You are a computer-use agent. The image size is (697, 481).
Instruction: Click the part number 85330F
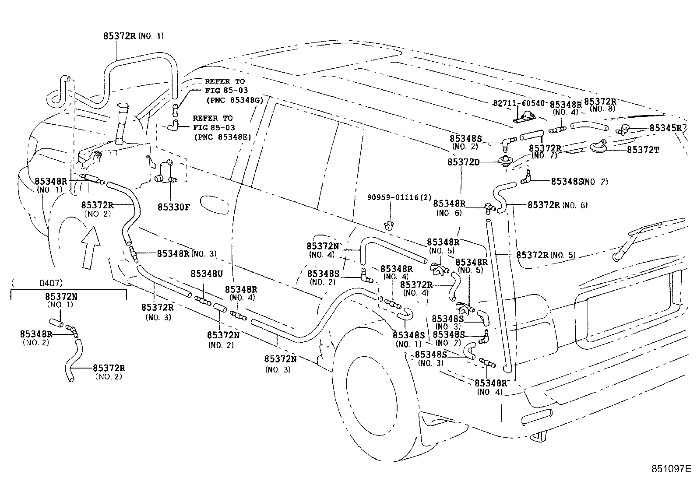coord(173,207)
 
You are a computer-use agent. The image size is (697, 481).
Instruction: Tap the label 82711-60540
coord(518,103)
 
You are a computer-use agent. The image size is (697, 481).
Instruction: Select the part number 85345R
coord(665,128)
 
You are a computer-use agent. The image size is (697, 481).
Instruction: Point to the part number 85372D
coord(463,162)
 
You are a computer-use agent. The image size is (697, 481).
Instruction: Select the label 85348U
coord(207,274)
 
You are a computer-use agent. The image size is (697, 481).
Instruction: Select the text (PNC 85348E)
coord(222,137)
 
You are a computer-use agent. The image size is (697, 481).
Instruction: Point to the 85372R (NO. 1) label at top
coord(133,36)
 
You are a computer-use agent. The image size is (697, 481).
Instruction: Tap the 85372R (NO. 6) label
coord(557,205)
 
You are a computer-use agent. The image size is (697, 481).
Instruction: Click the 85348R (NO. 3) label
coord(186,253)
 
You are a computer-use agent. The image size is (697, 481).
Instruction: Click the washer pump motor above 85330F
coord(166,172)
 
